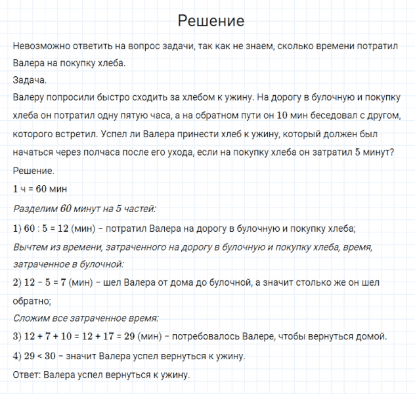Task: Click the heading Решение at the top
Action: [x=211, y=21]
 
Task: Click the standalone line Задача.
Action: [x=30, y=80]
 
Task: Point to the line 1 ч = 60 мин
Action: [x=39, y=189]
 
